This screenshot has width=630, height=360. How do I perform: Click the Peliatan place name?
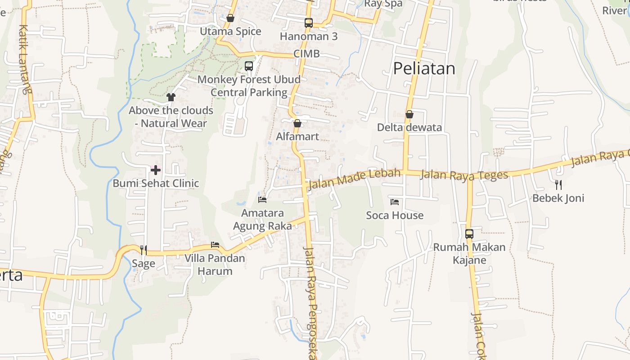pyautogui.click(x=424, y=68)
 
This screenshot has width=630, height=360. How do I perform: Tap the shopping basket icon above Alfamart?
pyautogui.click(x=297, y=123)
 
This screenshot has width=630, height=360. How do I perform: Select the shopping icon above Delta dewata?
pyautogui.click(x=409, y=114)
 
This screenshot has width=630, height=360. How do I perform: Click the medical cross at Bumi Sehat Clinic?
pyautogui.click(x=155, y=170)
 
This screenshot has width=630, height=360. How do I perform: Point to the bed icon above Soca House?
pyautogui.click(x=395, y=202)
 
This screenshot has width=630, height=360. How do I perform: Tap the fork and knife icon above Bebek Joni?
pyautogui.click(x=558, y=184)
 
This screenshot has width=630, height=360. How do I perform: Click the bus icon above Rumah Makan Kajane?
pyautogui.click(x=469, y=234)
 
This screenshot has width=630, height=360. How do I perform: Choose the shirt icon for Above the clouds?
pyautogui.click(x=171, y=97)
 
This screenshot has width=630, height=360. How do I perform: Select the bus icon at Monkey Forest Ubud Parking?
pyautogui.click(x=249, y=66)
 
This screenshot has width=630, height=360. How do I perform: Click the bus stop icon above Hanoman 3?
pyautogui.click(x=308, y=22)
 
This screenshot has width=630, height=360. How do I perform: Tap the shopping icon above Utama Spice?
pyautogui.click(x=230, y=18)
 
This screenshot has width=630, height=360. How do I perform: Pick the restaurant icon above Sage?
pyautogui.click(x=144, y=250)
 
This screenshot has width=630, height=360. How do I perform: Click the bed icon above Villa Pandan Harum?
pyautogui.click(x=215, y=245)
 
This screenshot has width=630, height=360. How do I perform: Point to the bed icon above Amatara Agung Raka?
pyautogui.click(x=262, y=199)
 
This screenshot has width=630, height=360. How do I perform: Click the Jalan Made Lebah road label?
pyautogui.click(x=354, y=179)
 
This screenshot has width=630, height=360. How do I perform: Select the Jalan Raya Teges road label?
pyautogui.click(x=463, y=175)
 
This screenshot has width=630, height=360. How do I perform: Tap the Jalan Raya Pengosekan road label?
pyautogui.click(x=311, y=301)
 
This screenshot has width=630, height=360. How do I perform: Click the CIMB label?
pyautogui.click(x=306, y=54)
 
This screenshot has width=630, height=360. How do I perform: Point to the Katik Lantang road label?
pyautogui.click(x=25, y=58)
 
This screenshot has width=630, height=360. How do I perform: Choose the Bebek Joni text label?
pyautogui.click(x=558, y=198)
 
